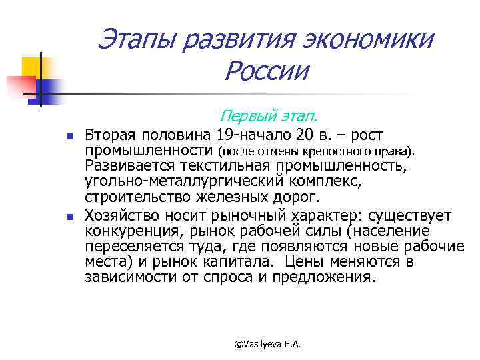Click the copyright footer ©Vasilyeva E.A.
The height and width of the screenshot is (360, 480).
coord(268,343)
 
